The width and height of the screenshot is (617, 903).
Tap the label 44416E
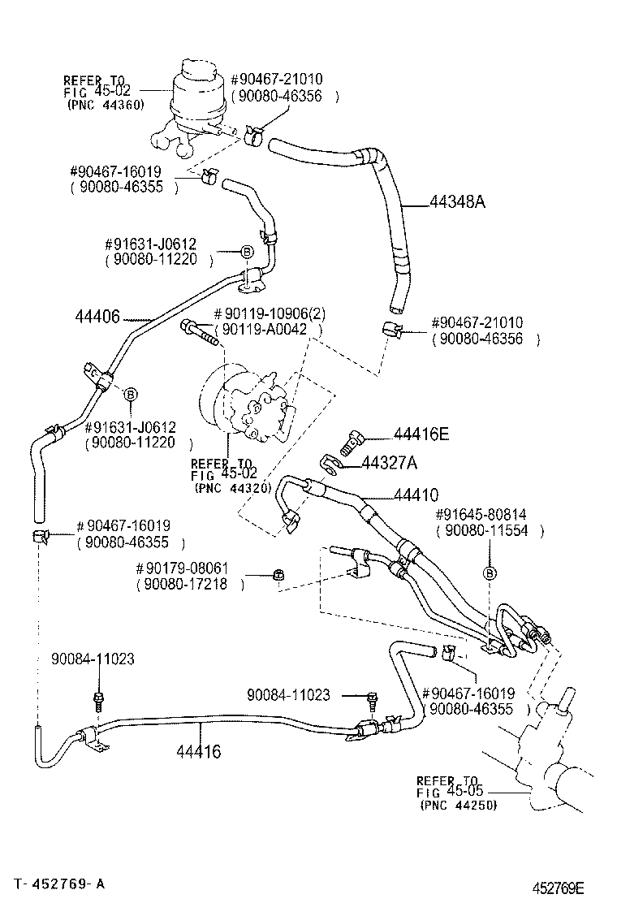tap(421, 435)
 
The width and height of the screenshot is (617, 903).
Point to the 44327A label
tap(389, 463)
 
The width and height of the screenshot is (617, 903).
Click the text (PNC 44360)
tap(105, 105)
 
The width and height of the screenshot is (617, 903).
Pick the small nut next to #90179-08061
tap(278, 576)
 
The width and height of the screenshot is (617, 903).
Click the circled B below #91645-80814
tap(489, 573)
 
